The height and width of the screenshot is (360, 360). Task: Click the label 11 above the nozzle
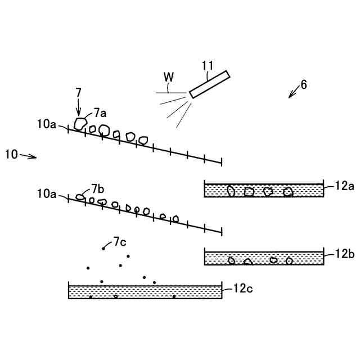click(208, 65)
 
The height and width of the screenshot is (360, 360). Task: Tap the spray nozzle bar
click(210, 84)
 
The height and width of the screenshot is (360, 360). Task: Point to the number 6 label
click(304, 85)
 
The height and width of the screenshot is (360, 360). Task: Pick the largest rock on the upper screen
click(81, 123)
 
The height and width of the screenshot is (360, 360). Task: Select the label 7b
click(97, 188)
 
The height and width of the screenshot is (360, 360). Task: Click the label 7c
click(120, 242)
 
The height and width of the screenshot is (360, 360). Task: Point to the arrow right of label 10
click(28, 156)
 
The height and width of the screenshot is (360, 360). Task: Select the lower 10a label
click(47, 194)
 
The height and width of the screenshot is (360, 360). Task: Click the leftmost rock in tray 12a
click(231, 191)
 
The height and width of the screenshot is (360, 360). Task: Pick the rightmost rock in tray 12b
click(289, 260)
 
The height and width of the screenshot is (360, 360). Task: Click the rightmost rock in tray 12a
click(289, 192)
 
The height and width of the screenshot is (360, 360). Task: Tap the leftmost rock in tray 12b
click(231, 260)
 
